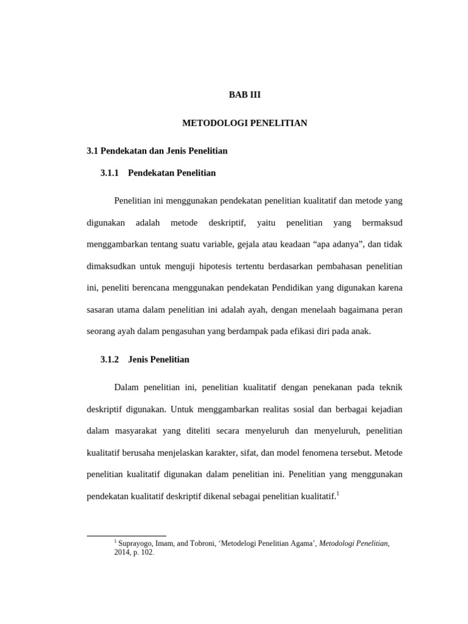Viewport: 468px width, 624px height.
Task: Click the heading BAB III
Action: pyautogui.click(x=244, y=95)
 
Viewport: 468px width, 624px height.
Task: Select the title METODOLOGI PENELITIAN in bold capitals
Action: pyautogui.click(x=244, y=123)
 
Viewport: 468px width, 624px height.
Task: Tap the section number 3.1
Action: pyautogui.click(x=93, y=151)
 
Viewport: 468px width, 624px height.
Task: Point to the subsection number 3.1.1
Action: pyautogui.click(x=110, y=173)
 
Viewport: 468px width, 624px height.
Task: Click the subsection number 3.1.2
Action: pyautogui.click(x=110, y=360)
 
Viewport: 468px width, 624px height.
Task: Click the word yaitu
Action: pyautogui.click(x=266, y=223)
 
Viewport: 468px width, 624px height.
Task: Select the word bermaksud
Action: pyautogui.click(x=382, y=223)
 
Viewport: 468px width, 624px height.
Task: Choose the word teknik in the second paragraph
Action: pyautogui.click(x=390, y=388)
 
